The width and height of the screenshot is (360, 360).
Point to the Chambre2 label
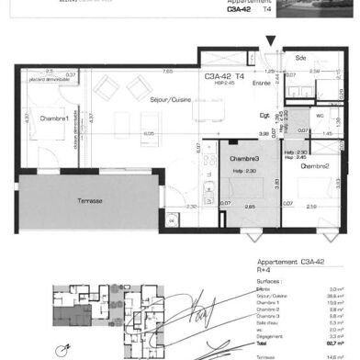pos(315,166)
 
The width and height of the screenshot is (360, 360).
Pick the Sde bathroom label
pos(300,59)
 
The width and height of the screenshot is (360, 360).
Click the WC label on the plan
pos(319,116)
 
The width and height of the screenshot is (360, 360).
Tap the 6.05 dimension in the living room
pos(147,133)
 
